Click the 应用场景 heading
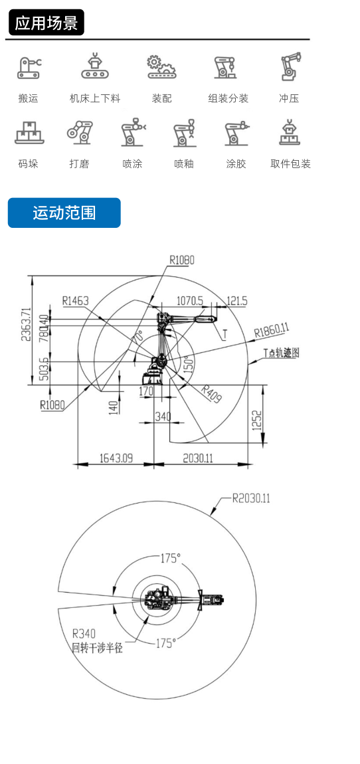coord(46,23)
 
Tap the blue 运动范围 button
coord(64,213)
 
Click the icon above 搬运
coord(29,68)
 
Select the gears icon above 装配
coord(161,67)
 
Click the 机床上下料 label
coord(95,98)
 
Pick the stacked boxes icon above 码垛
coord(29,132)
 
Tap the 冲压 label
coord(289,98)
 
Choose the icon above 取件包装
coord(290,132)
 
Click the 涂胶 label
coord(236,163)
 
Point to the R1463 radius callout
coord(76,301)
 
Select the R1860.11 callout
coord(272,331)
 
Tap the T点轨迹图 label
coord(281,353)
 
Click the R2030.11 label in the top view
coord(251,498)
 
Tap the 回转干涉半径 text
coord(97,648)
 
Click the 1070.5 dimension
coord(190,301)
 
